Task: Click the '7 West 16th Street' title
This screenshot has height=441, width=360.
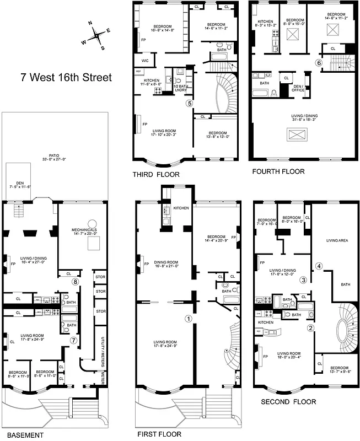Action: pos(66,77)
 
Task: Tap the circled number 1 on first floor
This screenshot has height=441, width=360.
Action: pos(189,318)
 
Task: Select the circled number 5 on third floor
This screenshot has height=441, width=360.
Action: pos(189,103)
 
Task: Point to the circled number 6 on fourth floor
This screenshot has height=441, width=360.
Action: pos(319,63)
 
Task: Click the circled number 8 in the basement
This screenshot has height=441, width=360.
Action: pos(75,282)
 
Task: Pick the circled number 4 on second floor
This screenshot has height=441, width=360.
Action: pos(319,266)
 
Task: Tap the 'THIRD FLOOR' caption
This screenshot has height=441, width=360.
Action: pos(155,174)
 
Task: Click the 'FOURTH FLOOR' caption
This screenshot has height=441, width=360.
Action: pos(278,171)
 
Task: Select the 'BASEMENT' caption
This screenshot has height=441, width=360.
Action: pos(22,435)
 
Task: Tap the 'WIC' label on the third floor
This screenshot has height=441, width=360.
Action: pos(145,60)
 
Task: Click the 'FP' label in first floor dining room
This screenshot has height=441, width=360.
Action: pos(146,264)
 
